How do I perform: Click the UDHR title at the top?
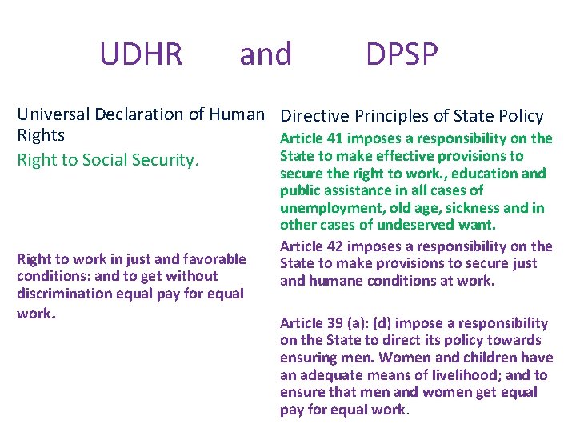pos(141,54)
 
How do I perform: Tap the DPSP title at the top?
pos(402,54)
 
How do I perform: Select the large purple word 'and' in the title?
pos(266,54)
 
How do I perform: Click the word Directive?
pos(313,116)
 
